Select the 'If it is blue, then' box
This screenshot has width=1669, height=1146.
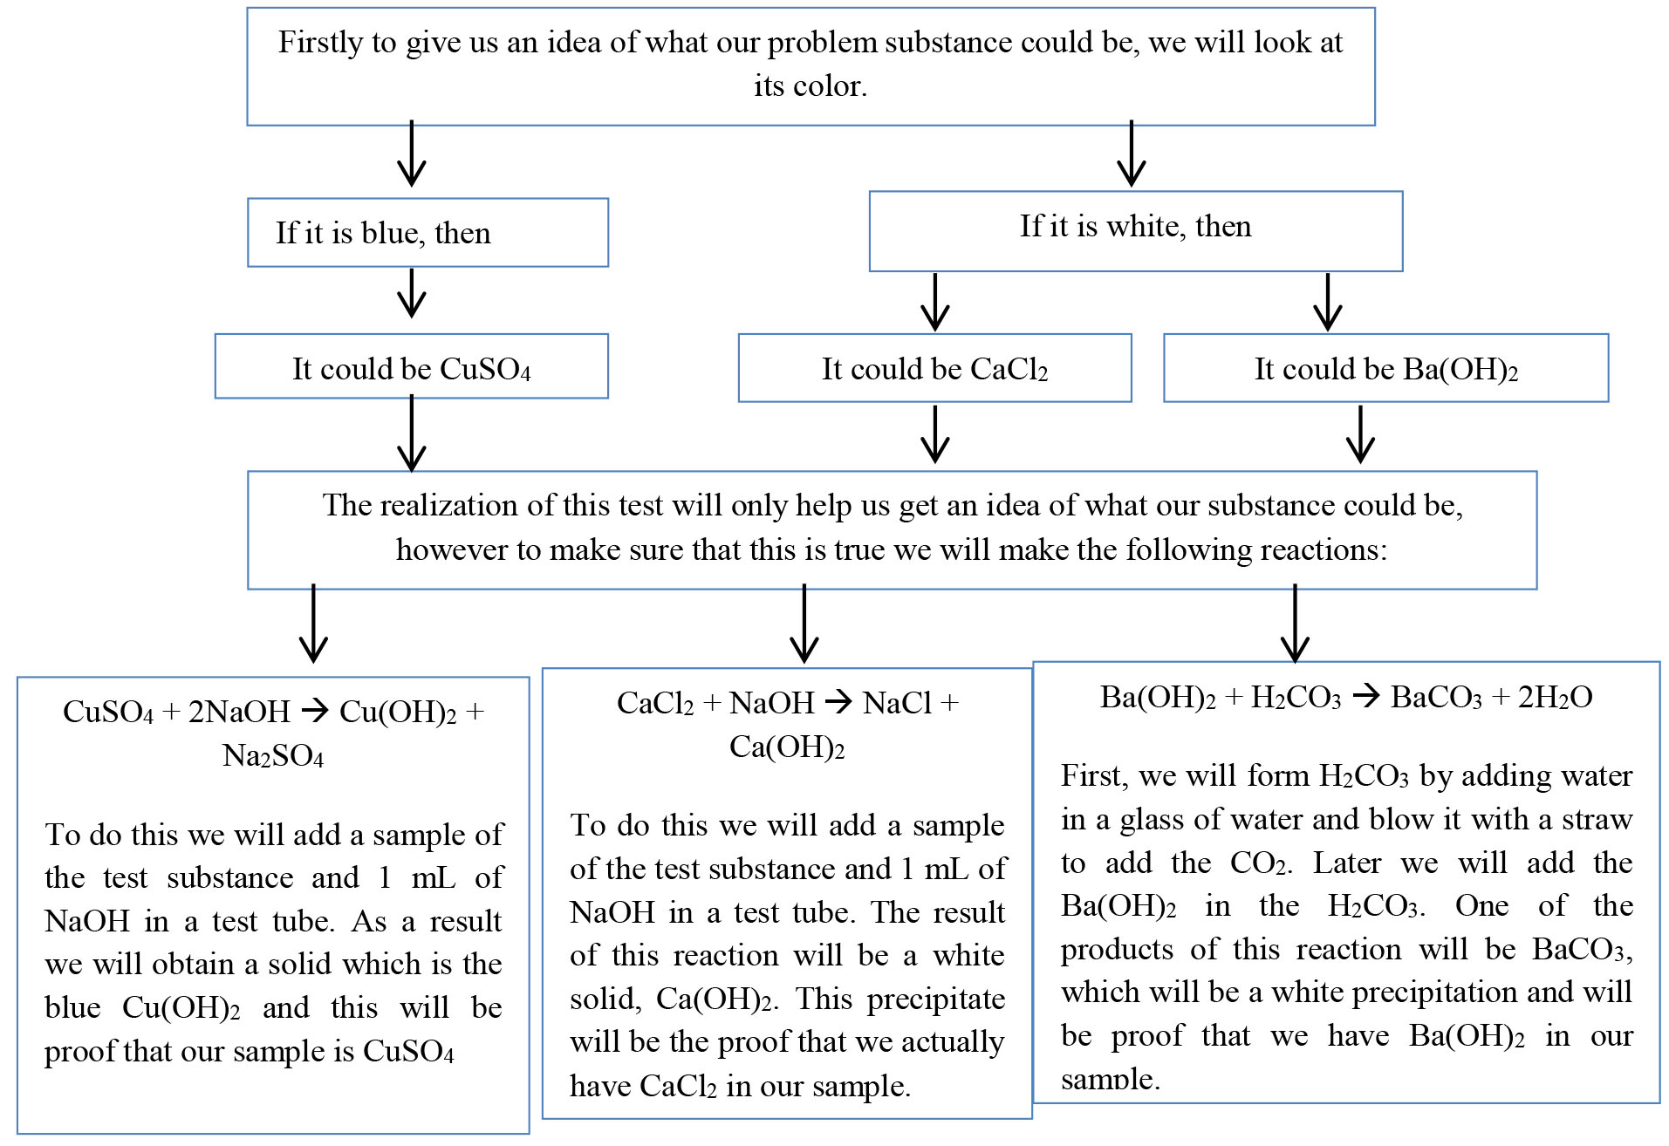[428, 233]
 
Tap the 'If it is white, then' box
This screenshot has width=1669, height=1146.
[1135, 231]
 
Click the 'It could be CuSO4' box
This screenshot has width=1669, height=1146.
[411, 367]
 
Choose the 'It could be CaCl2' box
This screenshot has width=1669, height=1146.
[934, 368]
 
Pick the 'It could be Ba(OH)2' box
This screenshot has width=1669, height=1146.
[1385, 368]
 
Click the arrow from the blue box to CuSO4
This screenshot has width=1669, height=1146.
[412, 293]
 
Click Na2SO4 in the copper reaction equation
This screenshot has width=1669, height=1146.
[273, 756]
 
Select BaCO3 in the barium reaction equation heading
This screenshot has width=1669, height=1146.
[1436, 698]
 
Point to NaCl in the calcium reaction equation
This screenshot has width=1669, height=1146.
[899, 703]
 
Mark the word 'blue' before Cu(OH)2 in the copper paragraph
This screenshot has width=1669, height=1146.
[72, 1008]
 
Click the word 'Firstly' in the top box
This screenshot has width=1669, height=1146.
[320, 43]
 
